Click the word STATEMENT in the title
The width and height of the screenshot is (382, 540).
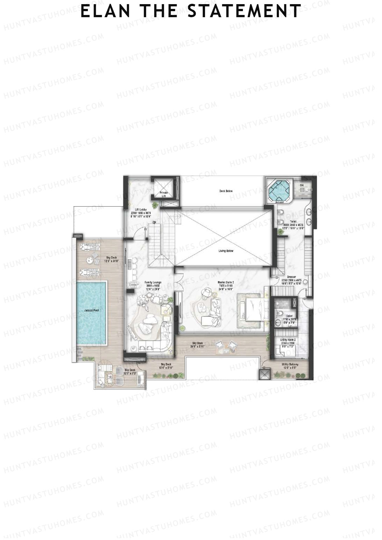click(244, 11)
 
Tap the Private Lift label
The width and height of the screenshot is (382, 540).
click(164, 194)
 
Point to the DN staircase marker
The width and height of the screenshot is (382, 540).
click(154, 222)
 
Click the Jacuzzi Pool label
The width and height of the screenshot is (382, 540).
click(91, 310)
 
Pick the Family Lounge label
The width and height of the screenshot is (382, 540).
click(153, 282)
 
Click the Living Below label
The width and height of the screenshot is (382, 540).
click(226, 251)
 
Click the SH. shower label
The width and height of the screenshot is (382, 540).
click(302, 185)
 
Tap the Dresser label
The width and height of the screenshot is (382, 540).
click(291, 277)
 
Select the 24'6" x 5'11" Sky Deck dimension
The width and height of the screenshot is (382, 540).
click(198, 347)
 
